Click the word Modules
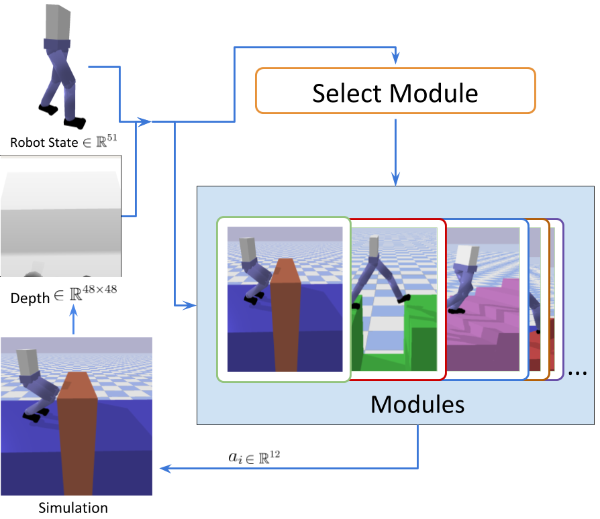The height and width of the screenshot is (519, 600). (417, 404)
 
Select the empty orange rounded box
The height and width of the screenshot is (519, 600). (395, 90)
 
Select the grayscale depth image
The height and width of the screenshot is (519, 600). (60, 215)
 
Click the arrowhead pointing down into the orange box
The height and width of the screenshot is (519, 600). (395, 60)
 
